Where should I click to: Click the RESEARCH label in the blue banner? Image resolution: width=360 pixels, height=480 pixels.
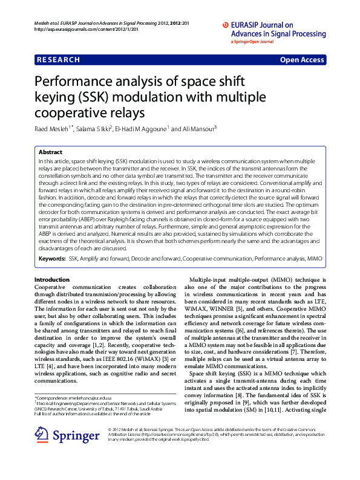pos(59,60)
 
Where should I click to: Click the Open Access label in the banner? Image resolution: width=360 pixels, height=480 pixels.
pos(301,60)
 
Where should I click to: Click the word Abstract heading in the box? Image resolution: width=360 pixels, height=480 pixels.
pos(50,152)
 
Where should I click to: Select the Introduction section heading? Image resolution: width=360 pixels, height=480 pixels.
pos(52,280)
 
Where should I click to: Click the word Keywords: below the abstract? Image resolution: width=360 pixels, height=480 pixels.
pos(52,258)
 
